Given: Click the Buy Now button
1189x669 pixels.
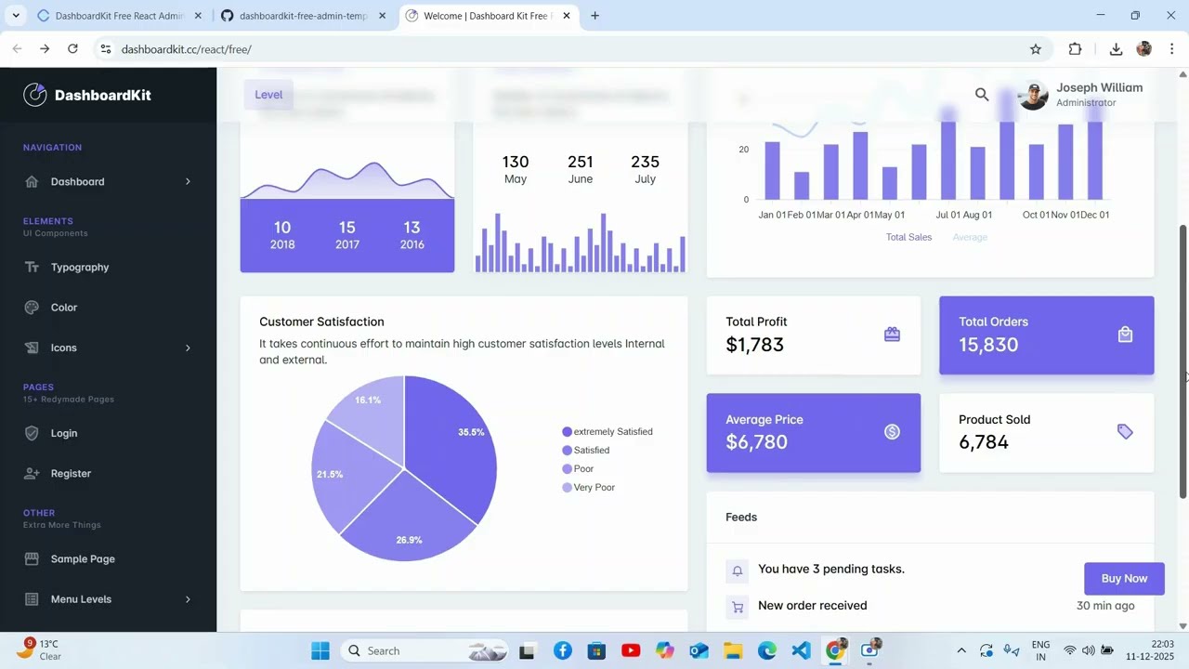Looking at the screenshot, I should click(1124, 578).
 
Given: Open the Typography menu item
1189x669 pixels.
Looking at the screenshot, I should click(80, 268).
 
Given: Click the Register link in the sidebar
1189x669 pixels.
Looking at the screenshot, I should click(71, 473).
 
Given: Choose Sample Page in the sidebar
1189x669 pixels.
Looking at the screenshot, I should click(83, 558).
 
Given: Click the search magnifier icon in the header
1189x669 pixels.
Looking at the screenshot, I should click(982, 94).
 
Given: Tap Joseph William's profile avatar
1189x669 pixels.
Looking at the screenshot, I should click(1033, 95).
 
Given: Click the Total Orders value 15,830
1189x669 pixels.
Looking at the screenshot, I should click(988, 345).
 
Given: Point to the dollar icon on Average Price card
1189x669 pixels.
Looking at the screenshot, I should click(892, 431).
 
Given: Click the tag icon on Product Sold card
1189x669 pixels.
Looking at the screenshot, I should click(1125, 431).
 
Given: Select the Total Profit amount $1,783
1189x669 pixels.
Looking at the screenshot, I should click(754, 345).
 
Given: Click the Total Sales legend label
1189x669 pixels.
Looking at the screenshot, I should click(908, 237).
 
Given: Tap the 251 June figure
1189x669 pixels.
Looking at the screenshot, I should click(580, 169).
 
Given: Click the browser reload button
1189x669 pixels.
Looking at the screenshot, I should click(72, 48).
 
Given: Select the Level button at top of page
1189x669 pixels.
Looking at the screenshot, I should click(268, 94).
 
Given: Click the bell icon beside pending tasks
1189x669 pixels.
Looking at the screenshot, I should click(738, 571).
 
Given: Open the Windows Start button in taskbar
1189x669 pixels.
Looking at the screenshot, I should click(320, 650).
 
